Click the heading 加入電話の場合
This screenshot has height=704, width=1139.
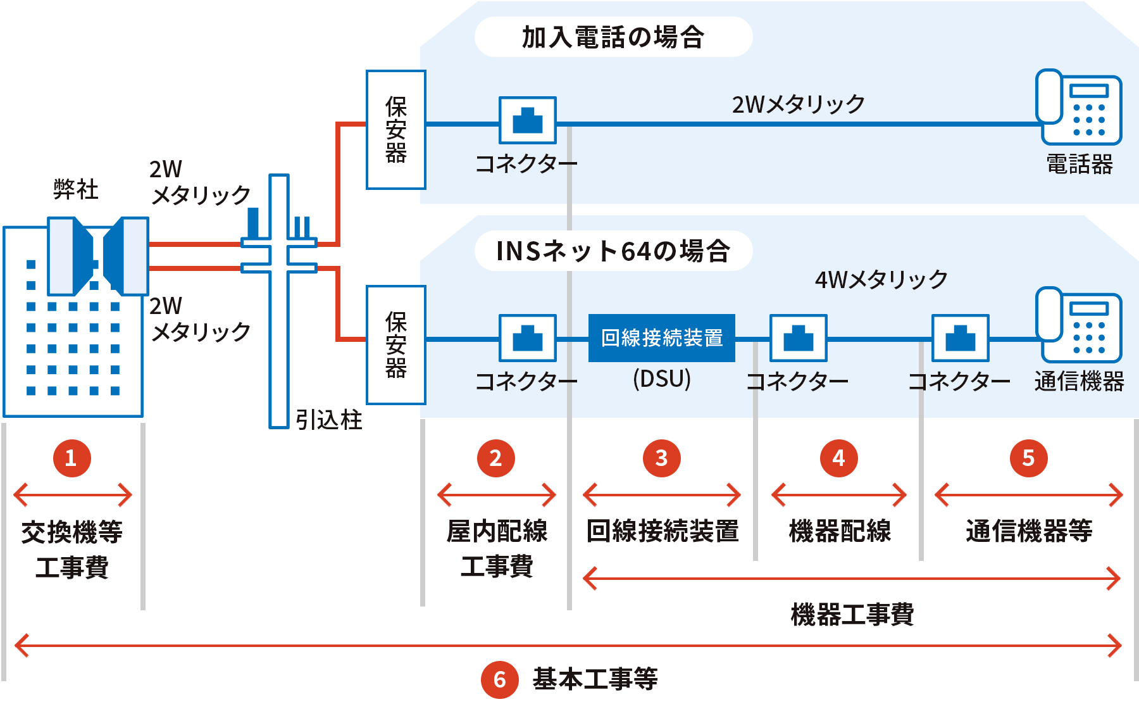[613, 37]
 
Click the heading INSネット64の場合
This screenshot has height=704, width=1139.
[613, 251]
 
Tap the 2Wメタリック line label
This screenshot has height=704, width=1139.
[798, 104]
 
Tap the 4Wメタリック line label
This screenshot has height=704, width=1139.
[881, 279]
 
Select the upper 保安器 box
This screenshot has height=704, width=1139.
[396, 129]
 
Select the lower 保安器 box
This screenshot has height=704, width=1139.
[396, 344]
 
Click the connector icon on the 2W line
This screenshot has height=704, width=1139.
[527, 120]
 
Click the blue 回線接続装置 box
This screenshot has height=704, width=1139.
[661, 338]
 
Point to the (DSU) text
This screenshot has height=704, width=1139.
[661, 379]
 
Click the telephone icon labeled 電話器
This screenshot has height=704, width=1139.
[1078, 108]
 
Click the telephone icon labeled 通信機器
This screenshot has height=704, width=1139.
[1078, 325]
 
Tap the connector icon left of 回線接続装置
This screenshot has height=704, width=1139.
[527, 338]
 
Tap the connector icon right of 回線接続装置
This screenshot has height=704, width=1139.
[798, 338]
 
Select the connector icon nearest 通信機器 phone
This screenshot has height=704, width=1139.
[960, 338]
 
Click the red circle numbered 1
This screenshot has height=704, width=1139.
[71, 458]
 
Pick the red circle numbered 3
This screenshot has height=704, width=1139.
[661, 458]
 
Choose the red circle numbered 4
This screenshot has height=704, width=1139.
[838, 458]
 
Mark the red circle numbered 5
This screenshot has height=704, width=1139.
[1028, 458]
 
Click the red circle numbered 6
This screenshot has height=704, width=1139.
[499, 679]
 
